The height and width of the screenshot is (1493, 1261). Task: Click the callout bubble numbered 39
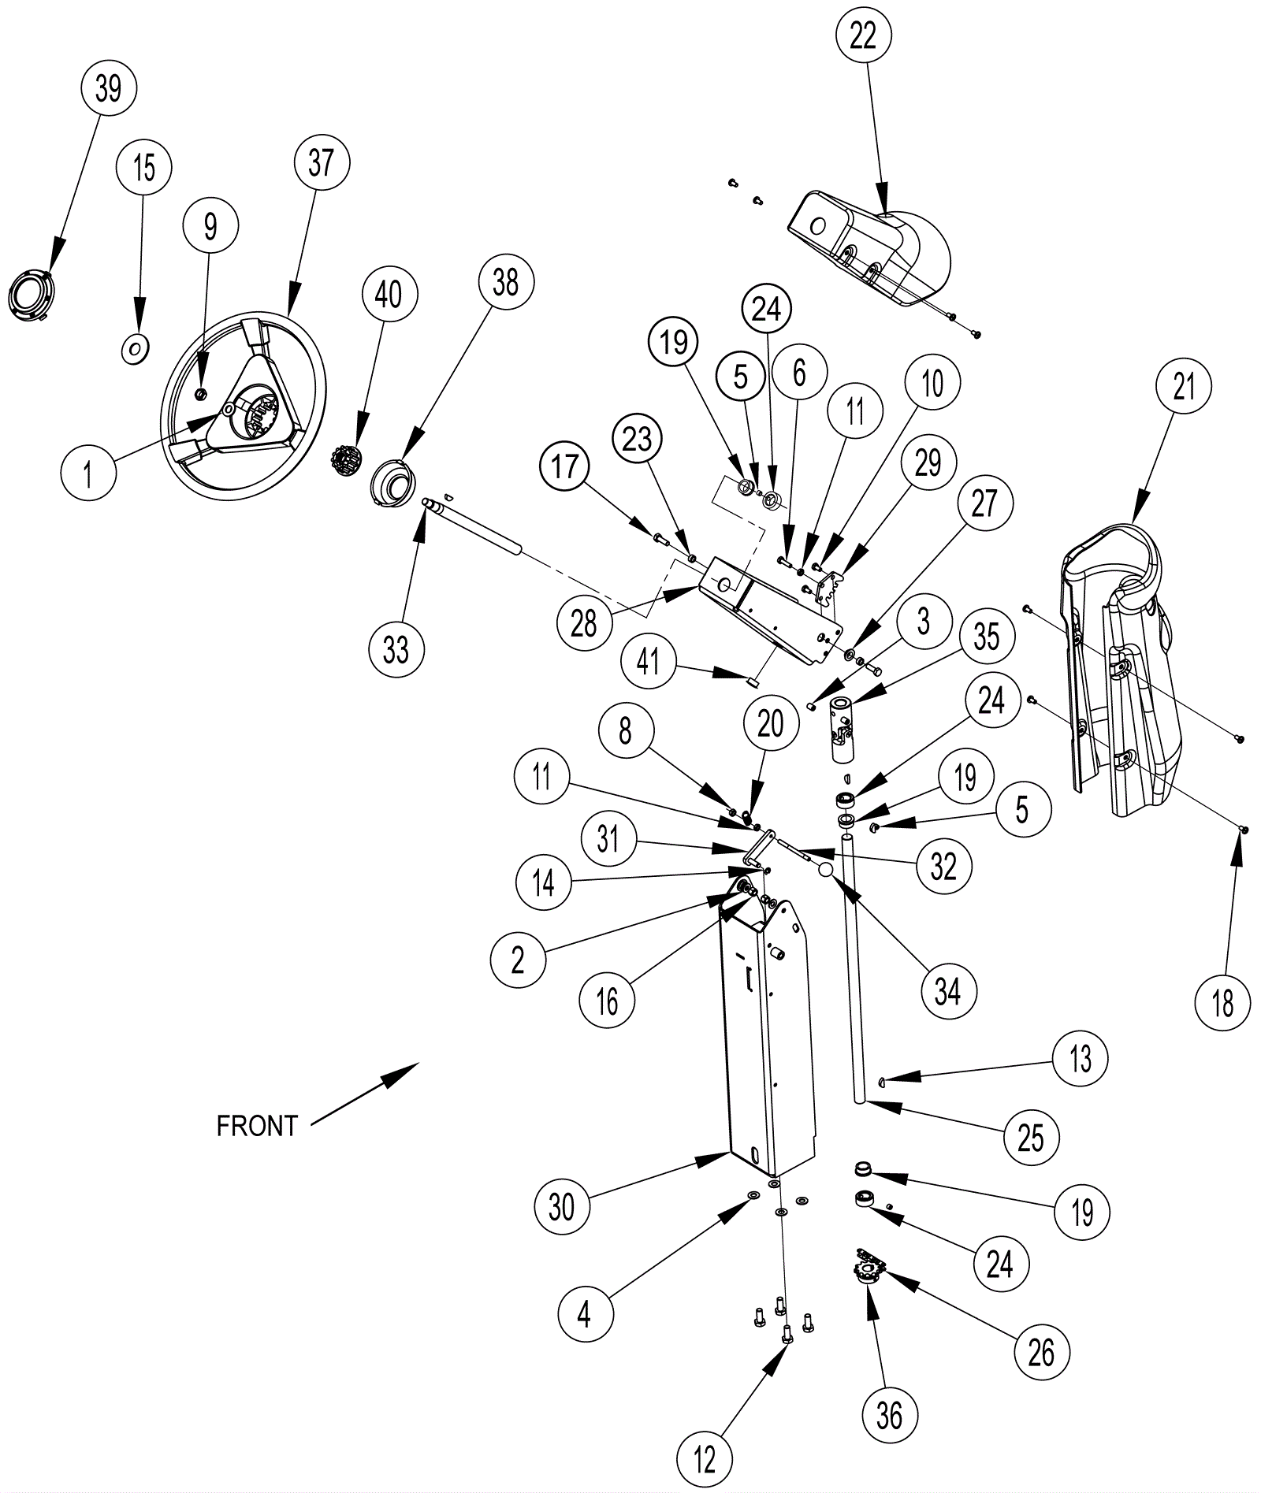point(109,87)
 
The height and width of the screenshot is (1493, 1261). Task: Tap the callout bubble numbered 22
point(863,35)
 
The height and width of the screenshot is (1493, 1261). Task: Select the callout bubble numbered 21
point(1184,387)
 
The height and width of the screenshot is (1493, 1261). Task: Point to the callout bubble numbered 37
point(321,163)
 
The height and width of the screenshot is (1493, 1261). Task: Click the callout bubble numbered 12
point(704,1458)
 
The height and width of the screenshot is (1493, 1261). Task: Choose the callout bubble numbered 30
point(561,1206)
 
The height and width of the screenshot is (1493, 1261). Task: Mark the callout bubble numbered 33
point(396,650)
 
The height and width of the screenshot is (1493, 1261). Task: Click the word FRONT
point(257,1126)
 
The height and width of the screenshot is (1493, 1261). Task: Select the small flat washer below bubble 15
point(135,347)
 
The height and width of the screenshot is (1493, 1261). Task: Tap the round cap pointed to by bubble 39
point(29,293)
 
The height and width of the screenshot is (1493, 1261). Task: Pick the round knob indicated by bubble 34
point(825,870)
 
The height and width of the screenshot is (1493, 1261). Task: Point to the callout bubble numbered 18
point(1222,1003)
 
